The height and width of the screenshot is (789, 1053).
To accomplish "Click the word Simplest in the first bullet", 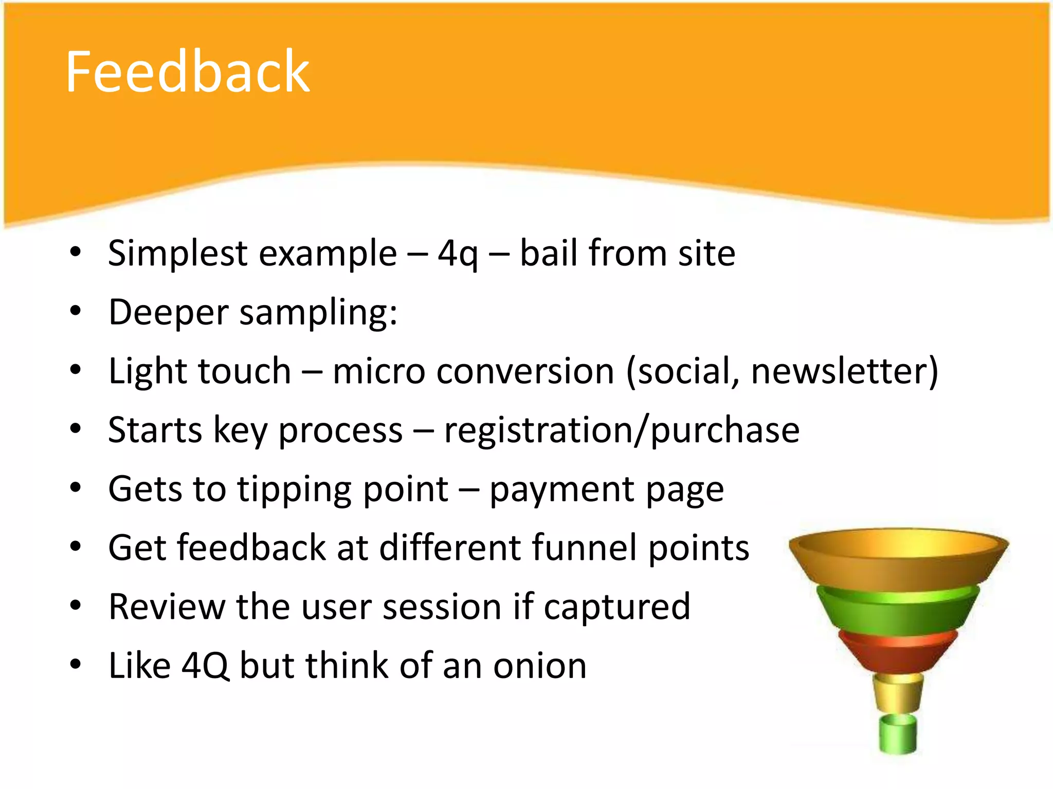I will click(178, 253).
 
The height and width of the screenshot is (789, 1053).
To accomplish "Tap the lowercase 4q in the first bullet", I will click(458, 254).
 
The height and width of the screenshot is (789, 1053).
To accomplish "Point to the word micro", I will click(379, 371).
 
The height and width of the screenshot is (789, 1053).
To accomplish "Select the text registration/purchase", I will click(622, 430).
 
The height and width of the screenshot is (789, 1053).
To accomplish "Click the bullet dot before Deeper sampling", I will click(76, 311).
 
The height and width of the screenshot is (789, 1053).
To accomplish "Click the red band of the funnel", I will click(898, 652).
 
